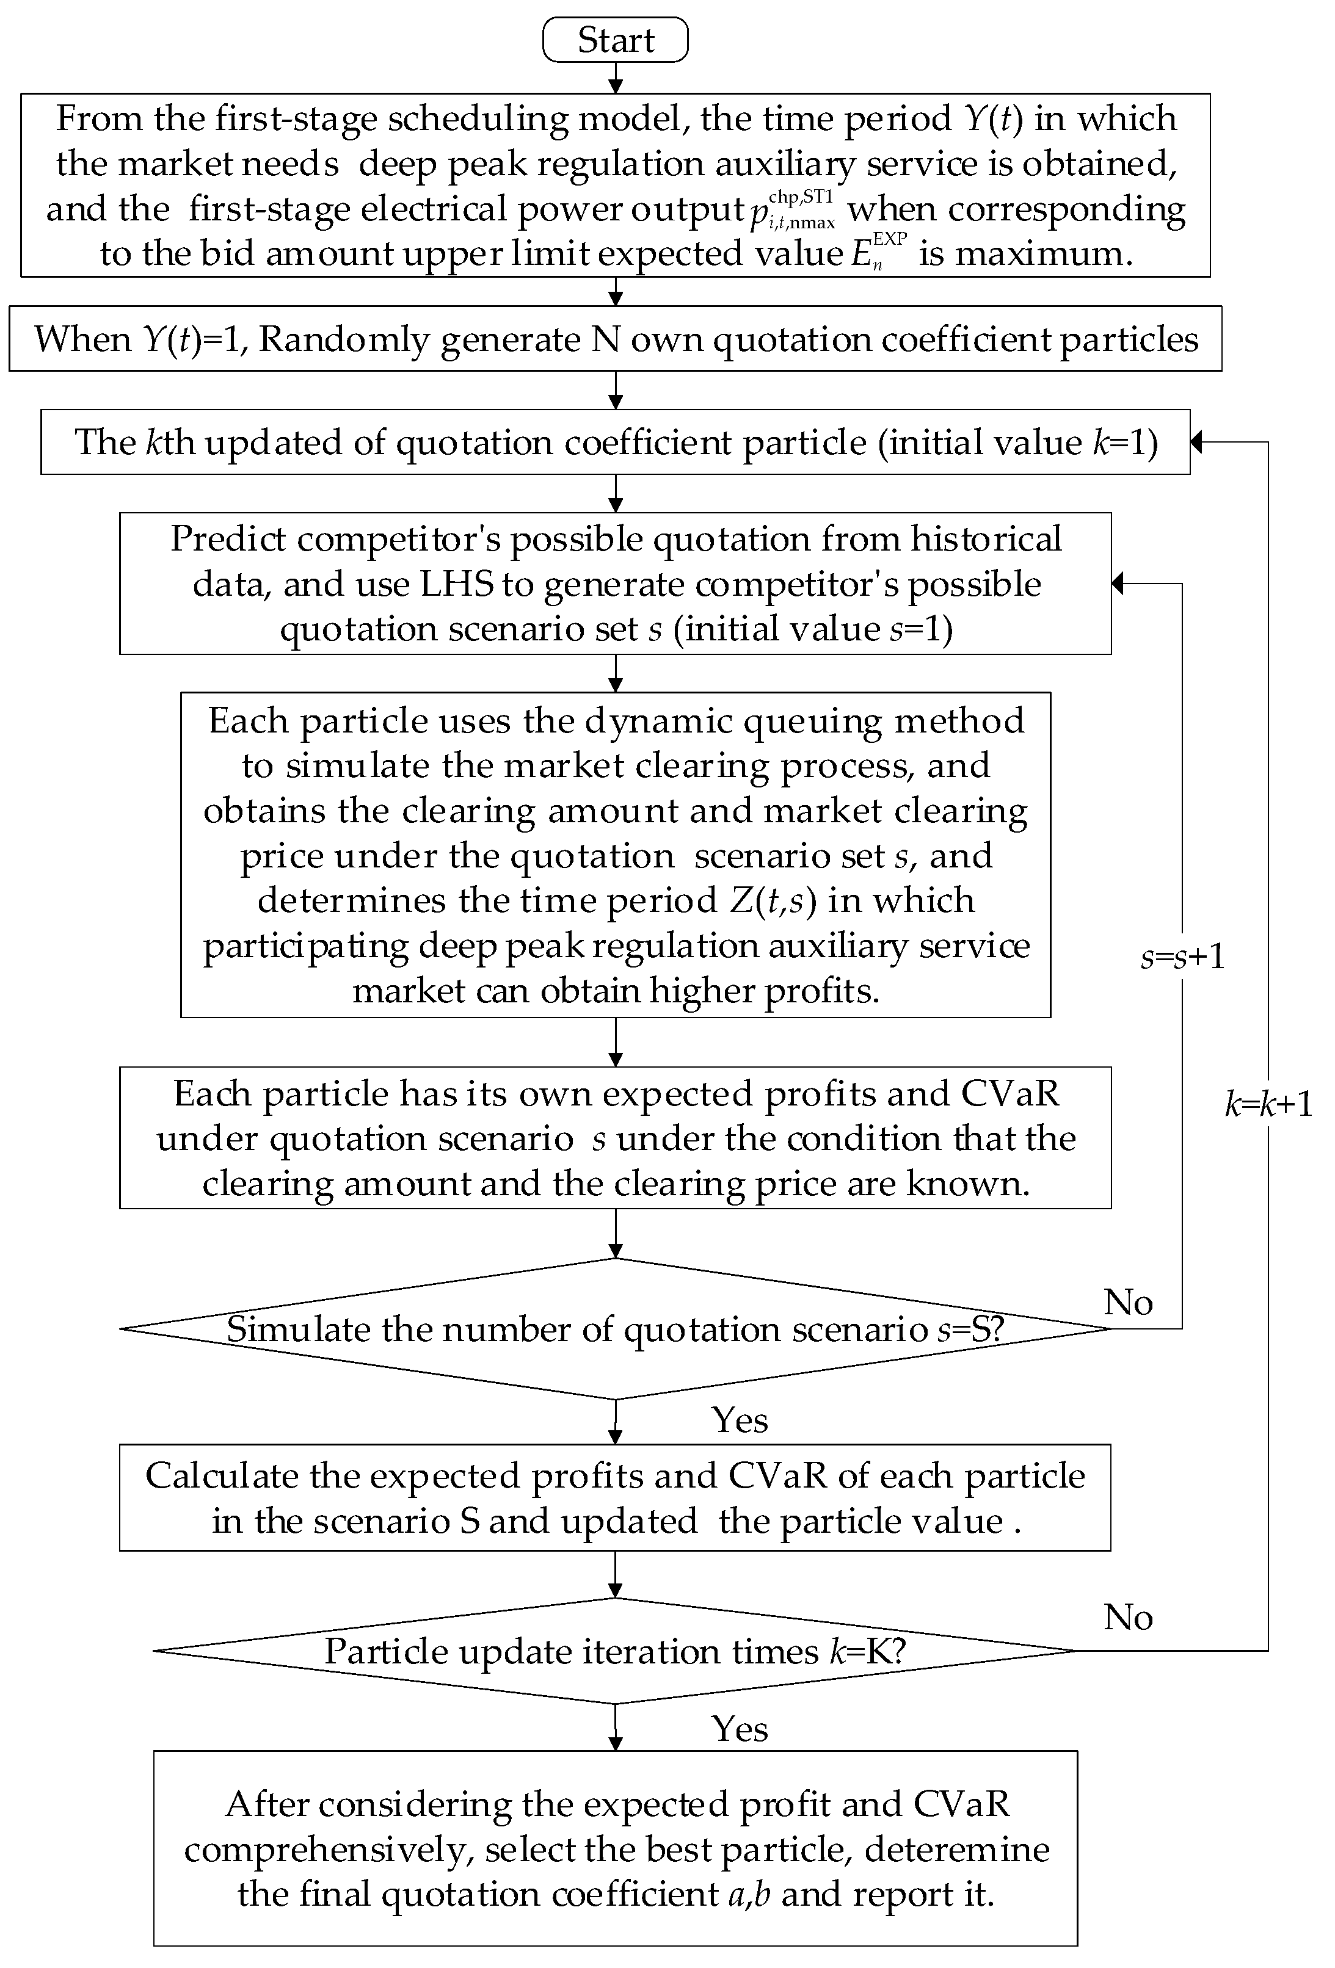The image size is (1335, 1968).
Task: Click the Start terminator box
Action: click(x=615, y=40)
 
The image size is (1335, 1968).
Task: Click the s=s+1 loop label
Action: click(x=1182, y=957)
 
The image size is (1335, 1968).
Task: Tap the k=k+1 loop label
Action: click(x=1268, y=1104)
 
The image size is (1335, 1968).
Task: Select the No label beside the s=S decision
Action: click(x=1127, y=1303)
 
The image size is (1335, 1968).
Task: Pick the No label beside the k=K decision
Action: click(x=1127, y=1618)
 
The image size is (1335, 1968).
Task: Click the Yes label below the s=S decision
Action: click(x=740, y=1420)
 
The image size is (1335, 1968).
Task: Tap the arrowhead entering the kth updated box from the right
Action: click(x=1197, y=442)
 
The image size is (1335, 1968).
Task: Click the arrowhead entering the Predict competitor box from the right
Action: click(x=1118, y=584)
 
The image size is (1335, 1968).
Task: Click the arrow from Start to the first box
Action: click(x=616, y=78)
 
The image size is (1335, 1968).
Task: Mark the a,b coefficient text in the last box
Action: click(x=750, y=1894)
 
